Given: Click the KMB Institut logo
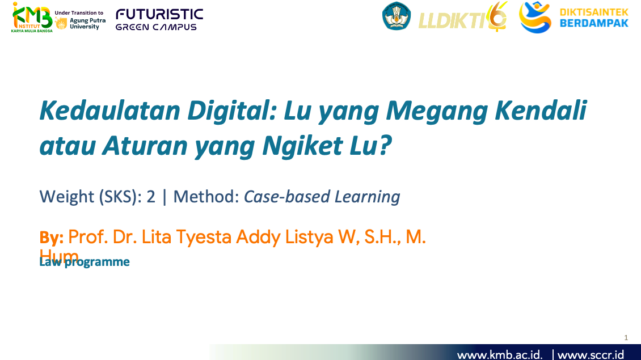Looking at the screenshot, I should pyautogui.click(x=32, y=17).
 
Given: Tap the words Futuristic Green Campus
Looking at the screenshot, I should pyautogui.click(x=159, y=19).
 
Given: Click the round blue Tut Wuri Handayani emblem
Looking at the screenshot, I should pyautogui.click(x=397, y=16).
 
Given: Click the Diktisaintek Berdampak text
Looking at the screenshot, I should pyautogui.click(x=594, y=18).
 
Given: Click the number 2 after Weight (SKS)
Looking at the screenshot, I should pyautogui.click(x=151, y=197).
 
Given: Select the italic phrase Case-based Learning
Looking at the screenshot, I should pyautogui.click(x=322, y=197).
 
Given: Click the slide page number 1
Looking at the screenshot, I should pyautogui.click(x=626, y=338).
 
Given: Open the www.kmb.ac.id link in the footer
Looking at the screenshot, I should pyautogui.click(x=499, y=355).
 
